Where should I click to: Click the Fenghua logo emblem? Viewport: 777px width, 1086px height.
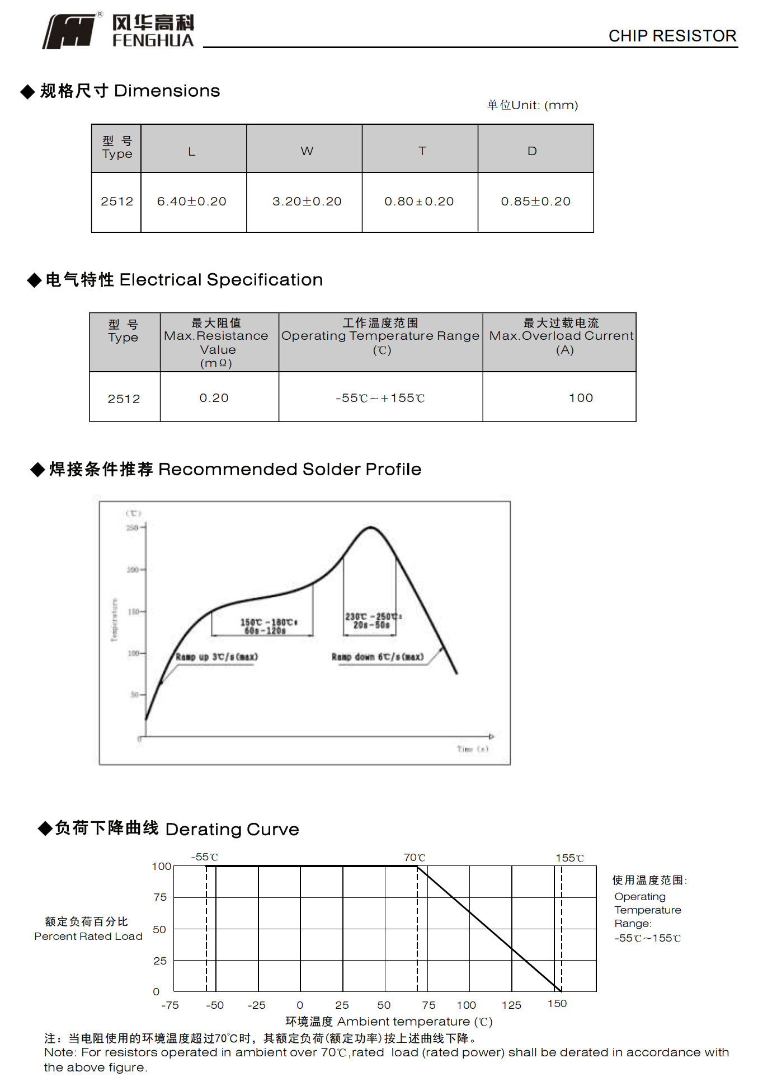70,31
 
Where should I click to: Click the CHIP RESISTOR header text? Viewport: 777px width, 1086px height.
672,36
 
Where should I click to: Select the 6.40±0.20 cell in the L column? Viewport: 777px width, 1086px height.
192,202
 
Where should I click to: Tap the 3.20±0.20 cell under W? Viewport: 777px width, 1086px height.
307,202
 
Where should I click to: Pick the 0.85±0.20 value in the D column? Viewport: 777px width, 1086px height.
535,202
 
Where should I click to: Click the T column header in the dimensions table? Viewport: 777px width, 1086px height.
422,151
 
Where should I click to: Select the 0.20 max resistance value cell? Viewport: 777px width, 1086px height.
214,398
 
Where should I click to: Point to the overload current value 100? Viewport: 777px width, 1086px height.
581,398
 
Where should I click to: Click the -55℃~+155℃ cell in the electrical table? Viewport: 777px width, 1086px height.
380,398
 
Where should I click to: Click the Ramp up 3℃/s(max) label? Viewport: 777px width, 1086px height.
216,657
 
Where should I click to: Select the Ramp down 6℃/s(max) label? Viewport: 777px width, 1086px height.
378,657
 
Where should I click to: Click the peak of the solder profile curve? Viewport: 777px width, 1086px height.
370,527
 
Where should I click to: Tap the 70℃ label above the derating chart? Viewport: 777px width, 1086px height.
415,858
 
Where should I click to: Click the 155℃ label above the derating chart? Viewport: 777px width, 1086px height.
569,858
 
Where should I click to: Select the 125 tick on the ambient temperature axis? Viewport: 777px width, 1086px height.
511,1005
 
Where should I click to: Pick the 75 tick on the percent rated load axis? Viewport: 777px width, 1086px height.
160,897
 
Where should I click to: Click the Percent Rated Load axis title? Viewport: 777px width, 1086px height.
88,937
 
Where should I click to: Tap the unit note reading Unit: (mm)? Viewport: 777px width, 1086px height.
533,105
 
